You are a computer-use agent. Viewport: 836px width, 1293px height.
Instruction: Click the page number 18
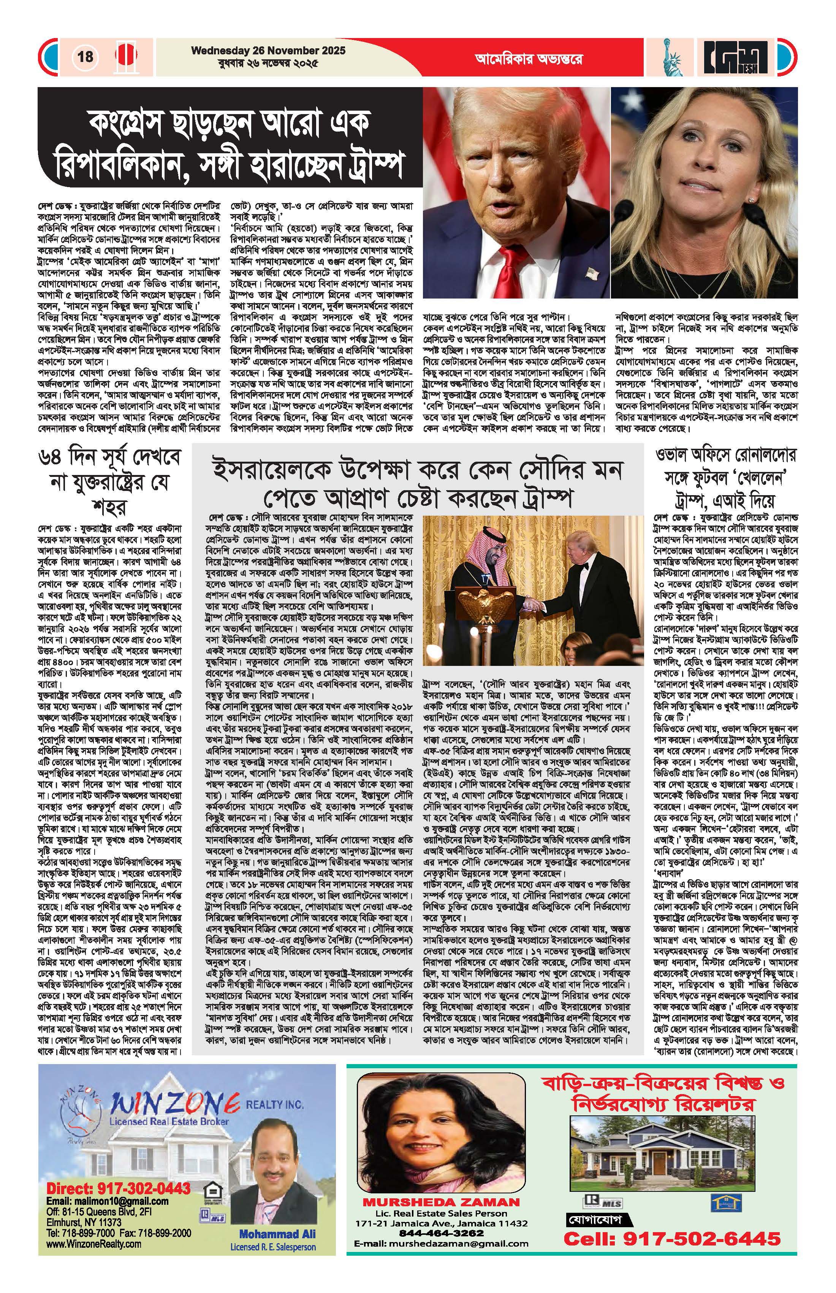pos(85,57)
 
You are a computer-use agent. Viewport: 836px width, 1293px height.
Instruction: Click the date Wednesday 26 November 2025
pos(268,51)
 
